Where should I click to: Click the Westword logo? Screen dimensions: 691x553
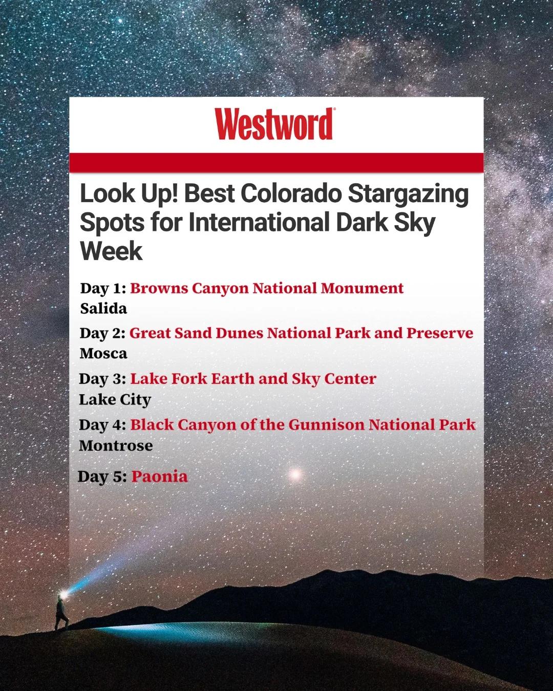[x=274, y=124]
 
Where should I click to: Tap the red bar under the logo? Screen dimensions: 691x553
[x=276, y=162]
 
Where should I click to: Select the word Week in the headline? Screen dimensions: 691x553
[x=111, y=251]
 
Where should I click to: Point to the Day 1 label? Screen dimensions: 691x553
[x=103, y=288]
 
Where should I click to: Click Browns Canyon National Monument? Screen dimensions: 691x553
[x=267, y=288]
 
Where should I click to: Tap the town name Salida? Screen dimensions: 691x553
[x=103, y=309]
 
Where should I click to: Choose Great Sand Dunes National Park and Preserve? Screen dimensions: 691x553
[x=301, y=333]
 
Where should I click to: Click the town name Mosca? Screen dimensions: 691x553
[x=103, y=354]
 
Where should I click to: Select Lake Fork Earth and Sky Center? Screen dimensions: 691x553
[x=253, y=379]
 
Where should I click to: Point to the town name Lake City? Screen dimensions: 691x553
[x=115, y=399]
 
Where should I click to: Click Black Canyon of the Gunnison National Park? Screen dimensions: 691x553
[x=303, y=425]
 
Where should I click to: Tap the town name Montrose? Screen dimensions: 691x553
[x=116, y=445]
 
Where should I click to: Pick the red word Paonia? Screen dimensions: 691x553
[x=159, y=477]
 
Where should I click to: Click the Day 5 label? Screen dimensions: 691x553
[x=102, y=477]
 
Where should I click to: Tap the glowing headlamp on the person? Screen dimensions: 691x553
[x=63, y=595]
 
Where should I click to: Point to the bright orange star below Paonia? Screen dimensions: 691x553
[x=295, y=474]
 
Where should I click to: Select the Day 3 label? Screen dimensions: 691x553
[x=102, y=379]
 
